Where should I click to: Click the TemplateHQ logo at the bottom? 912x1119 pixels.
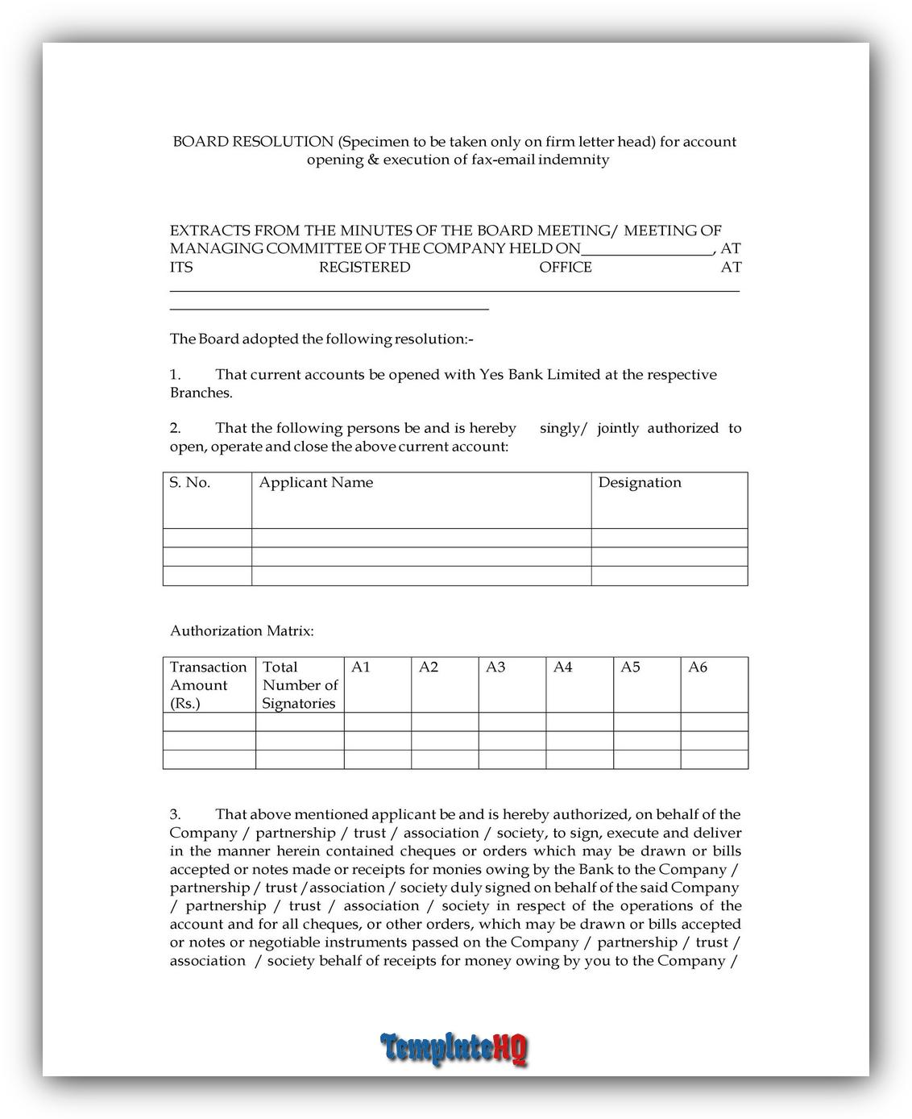[454, 1048]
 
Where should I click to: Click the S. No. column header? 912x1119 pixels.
[189, 483]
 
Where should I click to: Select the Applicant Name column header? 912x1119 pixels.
[316, 483]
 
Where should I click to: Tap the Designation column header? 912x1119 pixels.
[640, 483]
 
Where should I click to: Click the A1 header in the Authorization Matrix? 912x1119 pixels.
[361, 668]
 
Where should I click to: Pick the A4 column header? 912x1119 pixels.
[562, 668]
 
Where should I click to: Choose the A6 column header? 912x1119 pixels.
[698, 668]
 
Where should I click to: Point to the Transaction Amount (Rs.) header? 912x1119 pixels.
[208, 685]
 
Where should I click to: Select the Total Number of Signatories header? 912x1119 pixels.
[300, 685]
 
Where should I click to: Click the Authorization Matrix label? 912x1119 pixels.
[242, 631]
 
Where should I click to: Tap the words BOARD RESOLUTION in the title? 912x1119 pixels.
[252, 142]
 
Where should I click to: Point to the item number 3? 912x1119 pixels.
[175, 815]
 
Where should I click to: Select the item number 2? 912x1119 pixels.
[175, 428]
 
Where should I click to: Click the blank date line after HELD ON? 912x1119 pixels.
[646, 249]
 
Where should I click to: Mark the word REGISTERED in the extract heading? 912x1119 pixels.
[364, 268]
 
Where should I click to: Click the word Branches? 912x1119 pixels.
[201, 393]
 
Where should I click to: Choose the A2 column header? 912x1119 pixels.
[429, 668]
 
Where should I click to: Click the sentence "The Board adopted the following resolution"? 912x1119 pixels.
[321, 339]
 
